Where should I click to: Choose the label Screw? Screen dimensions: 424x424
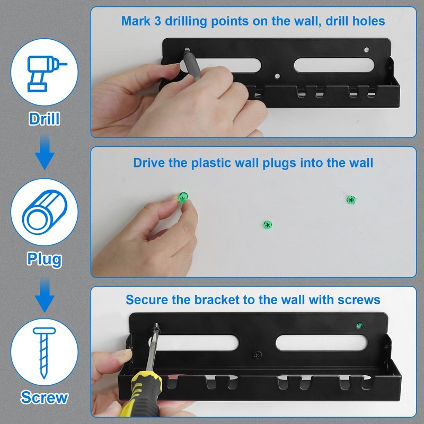(x=45, y=397)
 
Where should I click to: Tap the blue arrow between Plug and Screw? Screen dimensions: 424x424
(x=45, y=297)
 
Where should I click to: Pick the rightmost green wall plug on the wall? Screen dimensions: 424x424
(x=350, y=200)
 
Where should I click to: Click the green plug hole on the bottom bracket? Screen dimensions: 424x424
(x=359, y=325)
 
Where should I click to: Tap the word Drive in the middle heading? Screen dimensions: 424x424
(x=149, y=162)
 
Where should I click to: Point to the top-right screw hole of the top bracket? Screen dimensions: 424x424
(x=367, y=50)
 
